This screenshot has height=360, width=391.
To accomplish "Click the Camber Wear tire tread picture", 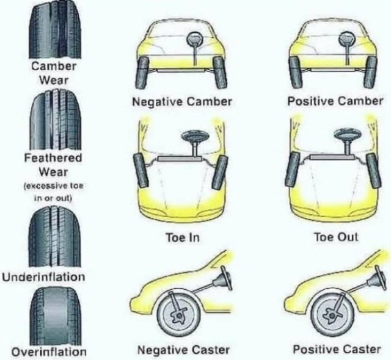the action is pyautogui.click(x=56, y=29).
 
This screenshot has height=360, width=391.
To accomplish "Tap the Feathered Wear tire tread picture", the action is pyautogui.click(x=56, y=120).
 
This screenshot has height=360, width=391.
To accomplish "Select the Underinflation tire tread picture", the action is pyautogui.click(x=55, y=237).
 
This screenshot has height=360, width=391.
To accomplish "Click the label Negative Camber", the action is pyautogui.click(x=182, y=101).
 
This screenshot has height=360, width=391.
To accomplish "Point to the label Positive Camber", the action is pyautogui.click(x=335, y=101).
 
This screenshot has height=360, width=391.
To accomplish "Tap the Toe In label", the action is pyautogui.click(x=183, y=237).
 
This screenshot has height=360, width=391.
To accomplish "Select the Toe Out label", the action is pyautogui.click(x=336, y=237).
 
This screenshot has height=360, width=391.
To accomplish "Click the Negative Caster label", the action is pyautogui.click(x=183, y=350).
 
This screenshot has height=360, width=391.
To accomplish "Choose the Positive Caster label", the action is pyautogui.click(x=337, y=349).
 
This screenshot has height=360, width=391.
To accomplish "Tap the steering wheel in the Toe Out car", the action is pyautogui.click(x=348, y=135).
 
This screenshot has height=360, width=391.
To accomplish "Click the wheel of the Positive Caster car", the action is pyautogui.click(x=332, y=314).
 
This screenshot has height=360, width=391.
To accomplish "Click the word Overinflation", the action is pyautogui.click(x=49, y=352).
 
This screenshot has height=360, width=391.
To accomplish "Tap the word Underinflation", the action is pyautogui.click(x=43, y=277).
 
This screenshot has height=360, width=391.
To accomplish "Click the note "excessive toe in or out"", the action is pyautogui.click(x=53, y=192).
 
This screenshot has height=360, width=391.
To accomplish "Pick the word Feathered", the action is pyautogui.click(x=53, y=158).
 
